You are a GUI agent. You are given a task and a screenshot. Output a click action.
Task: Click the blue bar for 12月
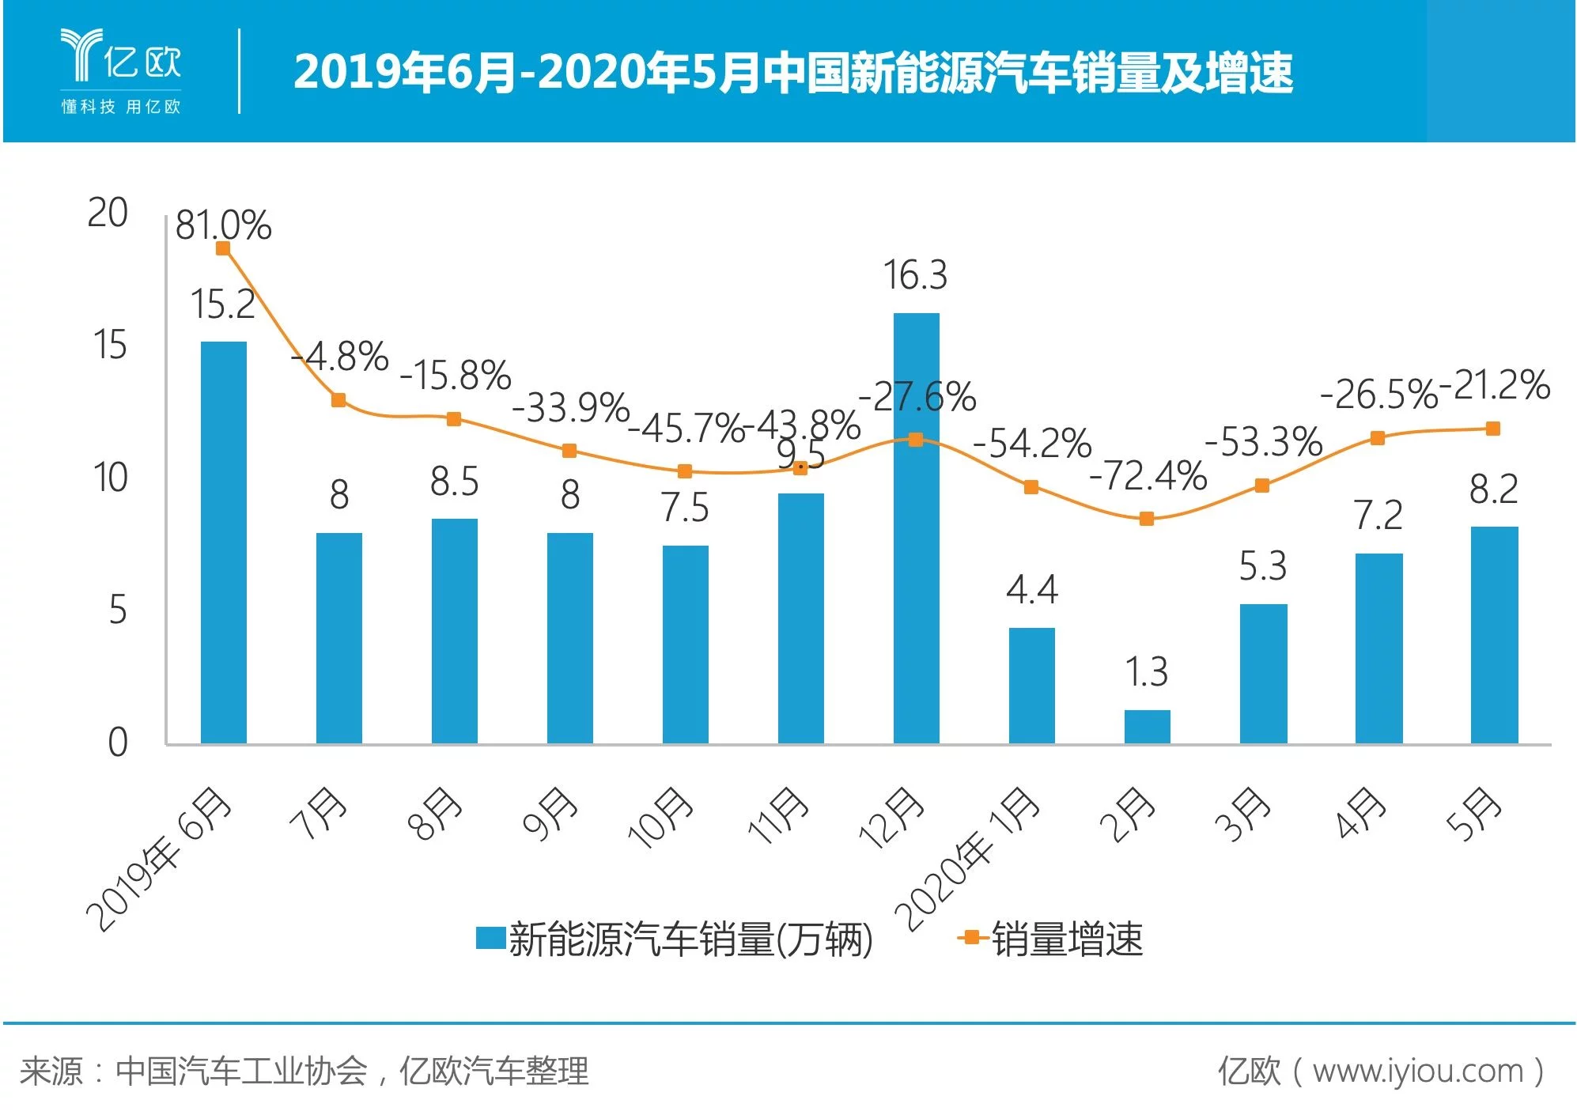point(916,528)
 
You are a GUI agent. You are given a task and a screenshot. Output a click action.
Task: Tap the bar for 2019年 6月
point(223,542)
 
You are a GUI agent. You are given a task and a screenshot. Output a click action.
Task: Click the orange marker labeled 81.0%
point(223,248)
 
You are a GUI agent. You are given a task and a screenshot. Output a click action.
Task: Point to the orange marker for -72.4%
point(1147,519)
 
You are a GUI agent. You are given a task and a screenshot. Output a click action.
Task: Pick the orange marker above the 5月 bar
point(1493,429)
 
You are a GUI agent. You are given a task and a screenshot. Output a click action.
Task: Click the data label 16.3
point(915,275)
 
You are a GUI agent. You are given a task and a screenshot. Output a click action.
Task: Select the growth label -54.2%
point(1031,443)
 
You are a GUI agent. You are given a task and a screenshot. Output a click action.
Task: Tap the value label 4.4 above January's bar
point(1031,590)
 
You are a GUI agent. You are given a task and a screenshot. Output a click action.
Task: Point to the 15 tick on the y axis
point(110,346)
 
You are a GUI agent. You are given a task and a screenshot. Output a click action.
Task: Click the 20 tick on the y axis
point(108,213)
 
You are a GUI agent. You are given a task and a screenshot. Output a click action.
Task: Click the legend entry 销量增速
point(1052,939)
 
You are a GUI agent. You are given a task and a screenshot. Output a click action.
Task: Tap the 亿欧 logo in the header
point(121,70)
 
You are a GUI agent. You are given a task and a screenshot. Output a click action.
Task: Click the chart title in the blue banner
point(792,72)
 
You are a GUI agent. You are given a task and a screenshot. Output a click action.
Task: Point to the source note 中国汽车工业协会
point(241,1071)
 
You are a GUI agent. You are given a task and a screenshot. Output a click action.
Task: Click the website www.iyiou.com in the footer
point(1417,1071)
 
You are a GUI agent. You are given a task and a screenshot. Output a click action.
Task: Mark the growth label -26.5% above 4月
point(1378,394)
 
